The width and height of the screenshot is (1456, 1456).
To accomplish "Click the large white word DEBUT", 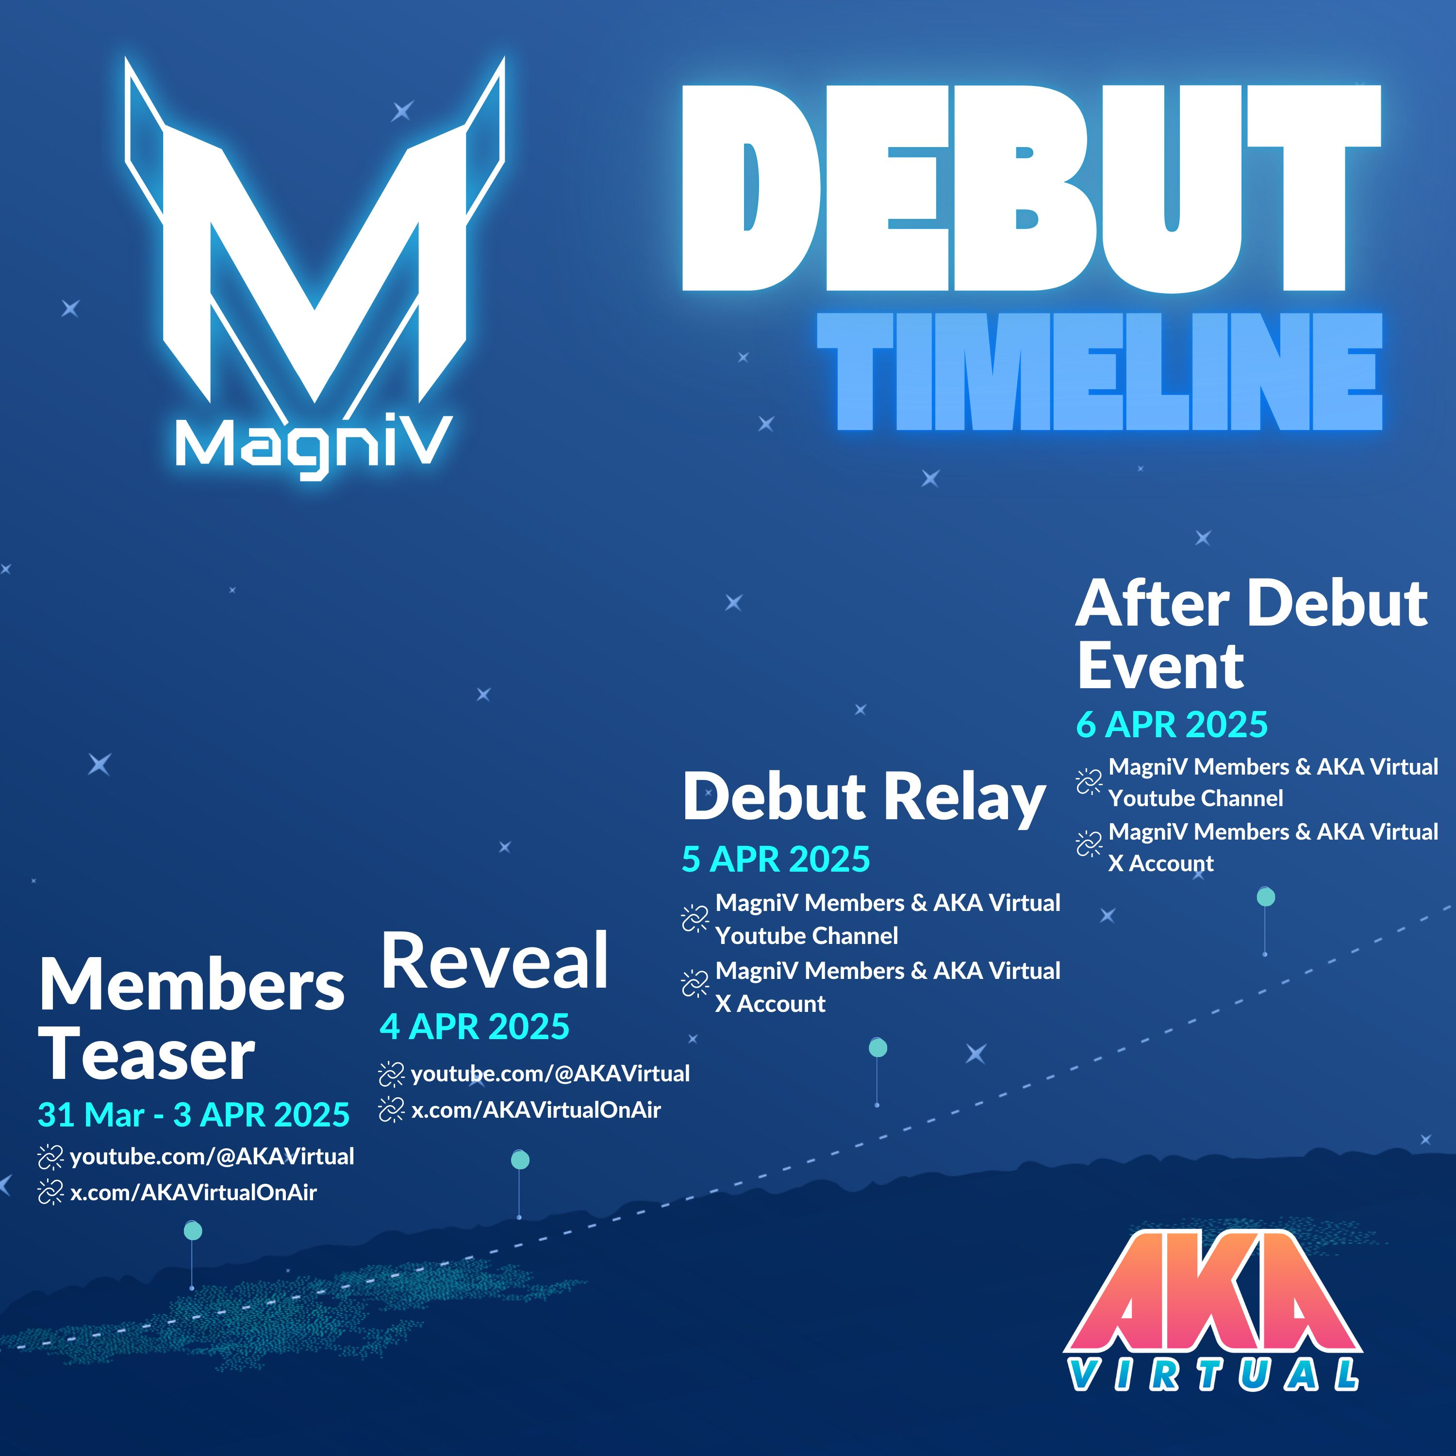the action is coord(1031,188).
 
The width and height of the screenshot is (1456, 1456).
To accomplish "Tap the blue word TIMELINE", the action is coord(1100,372).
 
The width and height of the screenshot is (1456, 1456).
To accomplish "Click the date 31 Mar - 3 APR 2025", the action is coord(194,1115).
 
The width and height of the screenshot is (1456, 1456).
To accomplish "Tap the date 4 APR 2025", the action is coord(475,1026).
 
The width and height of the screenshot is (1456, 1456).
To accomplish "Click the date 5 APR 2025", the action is coord(776,859).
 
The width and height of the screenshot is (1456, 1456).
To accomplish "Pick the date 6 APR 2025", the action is coord(1172,724).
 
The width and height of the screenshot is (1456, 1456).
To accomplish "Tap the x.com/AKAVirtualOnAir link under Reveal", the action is coord(536,1110).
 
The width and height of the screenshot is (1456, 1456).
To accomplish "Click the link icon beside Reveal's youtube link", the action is coord(391,1075).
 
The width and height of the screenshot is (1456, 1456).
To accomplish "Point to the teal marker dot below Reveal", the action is coord(520,1160).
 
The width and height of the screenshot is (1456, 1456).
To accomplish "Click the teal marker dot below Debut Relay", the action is coord(878,1047).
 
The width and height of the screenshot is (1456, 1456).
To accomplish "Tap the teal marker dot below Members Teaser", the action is coord(193,1231).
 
